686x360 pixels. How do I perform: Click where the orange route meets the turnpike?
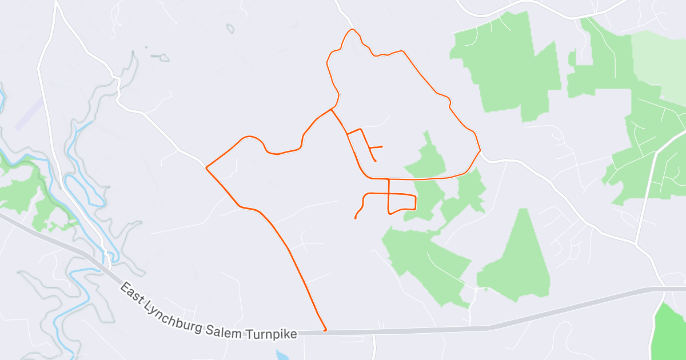(x=325, y=330)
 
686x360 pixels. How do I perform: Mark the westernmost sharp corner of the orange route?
(x=206, y=167)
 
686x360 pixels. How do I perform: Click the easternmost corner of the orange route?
(x=480, y=150)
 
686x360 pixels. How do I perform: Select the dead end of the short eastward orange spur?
(x=381, y=147)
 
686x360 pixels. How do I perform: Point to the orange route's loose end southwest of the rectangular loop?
(x=356, y=218)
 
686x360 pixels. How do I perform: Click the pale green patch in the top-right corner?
(x=657, y=63)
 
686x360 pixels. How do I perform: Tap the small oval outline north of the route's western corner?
(x=230, y=28)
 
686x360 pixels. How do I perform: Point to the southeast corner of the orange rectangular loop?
(x=415, y=209)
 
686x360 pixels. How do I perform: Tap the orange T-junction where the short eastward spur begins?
(x=371, y=148)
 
